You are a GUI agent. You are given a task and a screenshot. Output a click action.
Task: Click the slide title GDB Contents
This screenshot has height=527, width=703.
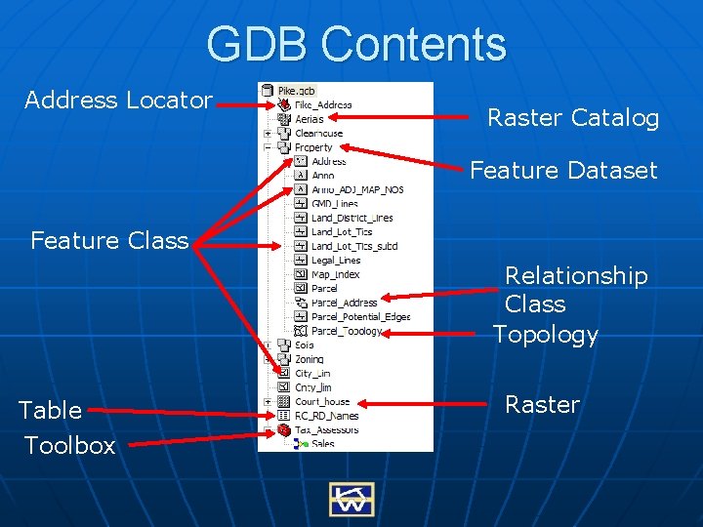[356, 45]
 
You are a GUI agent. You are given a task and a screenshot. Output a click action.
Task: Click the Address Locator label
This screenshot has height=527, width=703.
[118, 100]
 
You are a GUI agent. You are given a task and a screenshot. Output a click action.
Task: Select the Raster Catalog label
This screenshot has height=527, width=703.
[573, 118]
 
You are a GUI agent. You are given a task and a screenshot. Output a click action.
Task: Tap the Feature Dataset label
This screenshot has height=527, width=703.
[563, 170]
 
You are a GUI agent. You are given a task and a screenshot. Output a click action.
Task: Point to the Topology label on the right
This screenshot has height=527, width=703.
[545, 335]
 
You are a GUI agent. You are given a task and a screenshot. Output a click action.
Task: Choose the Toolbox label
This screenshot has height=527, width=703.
[69, 445]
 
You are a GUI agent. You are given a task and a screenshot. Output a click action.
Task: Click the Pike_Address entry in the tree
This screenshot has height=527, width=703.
[323, 105]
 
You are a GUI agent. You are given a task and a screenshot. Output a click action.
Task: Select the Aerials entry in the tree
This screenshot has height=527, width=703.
[310, 119]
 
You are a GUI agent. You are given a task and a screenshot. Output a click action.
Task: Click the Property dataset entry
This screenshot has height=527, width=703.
[313, 147]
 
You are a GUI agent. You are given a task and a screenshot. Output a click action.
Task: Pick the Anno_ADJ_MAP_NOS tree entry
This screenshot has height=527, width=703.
[356, 189]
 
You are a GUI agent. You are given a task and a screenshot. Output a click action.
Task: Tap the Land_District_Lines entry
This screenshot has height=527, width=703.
[351, 218]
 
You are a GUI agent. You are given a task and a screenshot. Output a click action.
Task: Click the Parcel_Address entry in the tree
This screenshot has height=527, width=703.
[344, 303]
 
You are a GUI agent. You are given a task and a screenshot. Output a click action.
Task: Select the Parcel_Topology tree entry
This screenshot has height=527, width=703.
[347, 331]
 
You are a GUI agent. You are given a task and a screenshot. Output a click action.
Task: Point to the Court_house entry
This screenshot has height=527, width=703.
[322, 401]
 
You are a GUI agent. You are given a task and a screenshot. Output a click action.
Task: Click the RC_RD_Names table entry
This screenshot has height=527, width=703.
[326, 416]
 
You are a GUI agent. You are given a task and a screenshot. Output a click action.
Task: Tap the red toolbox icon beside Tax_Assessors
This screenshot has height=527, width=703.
[283, 429]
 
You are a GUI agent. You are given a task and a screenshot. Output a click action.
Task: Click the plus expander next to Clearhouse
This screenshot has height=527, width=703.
[268, 134]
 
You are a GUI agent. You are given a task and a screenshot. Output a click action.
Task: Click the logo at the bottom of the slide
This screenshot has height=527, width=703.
[351, 499]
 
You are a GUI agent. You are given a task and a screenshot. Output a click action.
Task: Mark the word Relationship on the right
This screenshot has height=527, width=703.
[576, 276]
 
